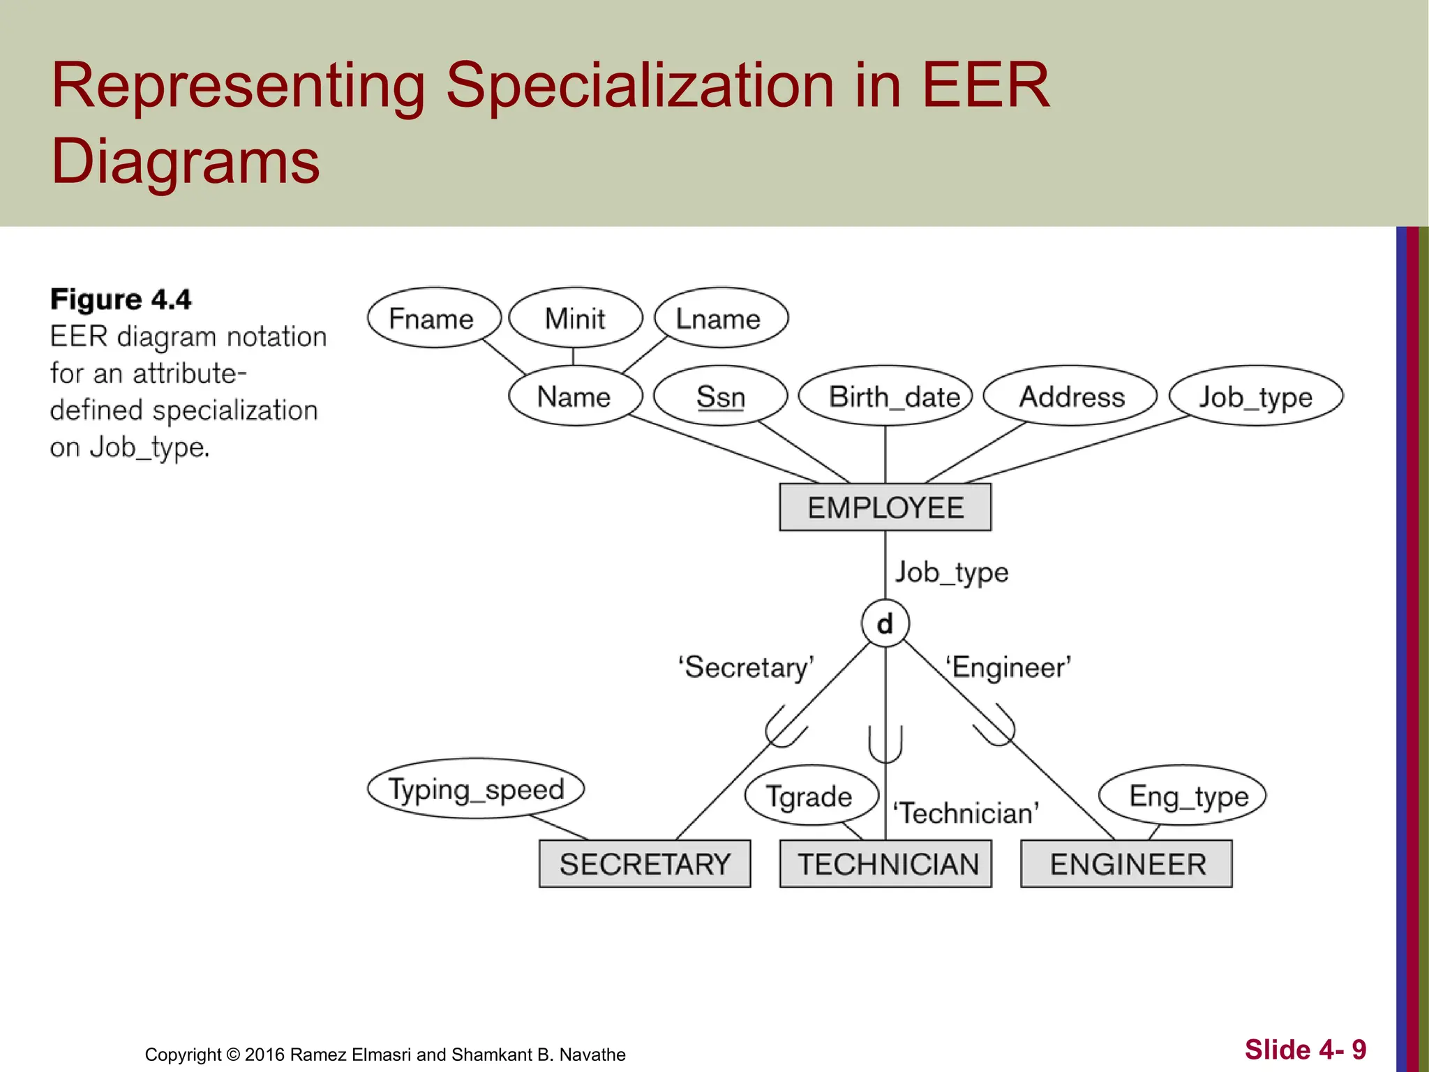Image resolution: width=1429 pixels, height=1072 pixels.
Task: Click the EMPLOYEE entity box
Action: pyautogui.click(x=885, y=507)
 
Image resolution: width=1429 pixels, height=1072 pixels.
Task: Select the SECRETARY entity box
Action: pyautogui.click(x=645, y=864)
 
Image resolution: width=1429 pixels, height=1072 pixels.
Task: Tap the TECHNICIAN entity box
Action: pyautogui.click(x=885, y=864)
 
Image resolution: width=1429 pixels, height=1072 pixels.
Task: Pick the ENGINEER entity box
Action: pyautogui.click(x=1126, y=864)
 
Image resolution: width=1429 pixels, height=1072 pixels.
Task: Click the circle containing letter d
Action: pyautogui.click(x=885, y=623)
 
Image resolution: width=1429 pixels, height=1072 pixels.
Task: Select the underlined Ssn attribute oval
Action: pyautogui.click(x=720, y=396)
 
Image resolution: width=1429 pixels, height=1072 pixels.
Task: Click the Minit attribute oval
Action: pyautogui.click(x=575, y=318)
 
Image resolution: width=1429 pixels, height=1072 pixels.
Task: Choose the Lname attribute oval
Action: pyautogui.click(x=720, y=318)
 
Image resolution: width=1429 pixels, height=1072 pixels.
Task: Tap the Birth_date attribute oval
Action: pyautogui.click(x=885, y=396)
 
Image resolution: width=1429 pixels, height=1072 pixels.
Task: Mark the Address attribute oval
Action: pyautogui.click(x=1070, y=396)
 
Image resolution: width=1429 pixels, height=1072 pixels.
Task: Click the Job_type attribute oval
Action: pyautogui.click(x=1255, y=396)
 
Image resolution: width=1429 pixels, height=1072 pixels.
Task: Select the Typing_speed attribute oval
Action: pyautogui.click(x=476, y=789)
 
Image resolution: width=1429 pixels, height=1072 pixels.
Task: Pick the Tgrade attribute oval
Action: pyautogui.click(x=811, y=796)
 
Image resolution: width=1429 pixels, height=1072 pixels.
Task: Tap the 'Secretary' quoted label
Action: pyautogui.click(x=745, y=667)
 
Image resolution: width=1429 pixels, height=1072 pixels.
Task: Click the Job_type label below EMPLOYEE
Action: pyautogui.click(x=952, y=572)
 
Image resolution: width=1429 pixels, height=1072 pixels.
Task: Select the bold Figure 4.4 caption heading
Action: pyautogui.click(x=121, y=299)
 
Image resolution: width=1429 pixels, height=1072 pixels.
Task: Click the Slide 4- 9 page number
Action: pyautogui.click(x=1305, y=1049)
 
